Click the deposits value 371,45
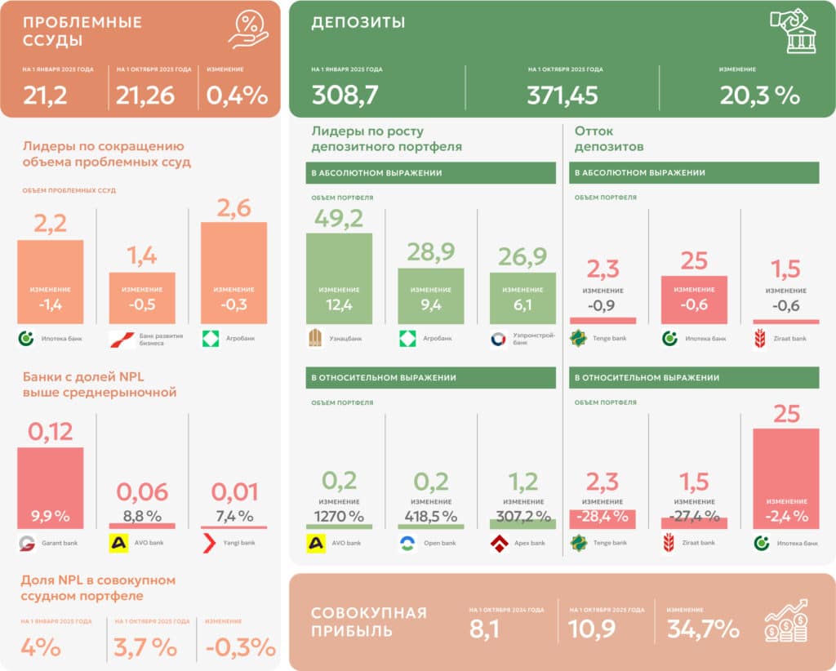[563, 96]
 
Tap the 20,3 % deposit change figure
[759, 96]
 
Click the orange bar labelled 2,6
[233, 273]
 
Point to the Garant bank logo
[26, 543]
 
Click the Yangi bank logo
[210, 543]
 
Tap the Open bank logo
[407, 543]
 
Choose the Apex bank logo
[499, 543]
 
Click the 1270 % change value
[339, 516]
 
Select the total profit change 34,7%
[703, 629]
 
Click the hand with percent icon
[249, 30]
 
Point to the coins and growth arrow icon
[786, 621]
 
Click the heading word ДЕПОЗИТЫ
[358, 23]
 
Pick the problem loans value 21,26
[145, 96]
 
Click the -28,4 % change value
[602, 516]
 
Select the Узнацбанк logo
[315, 339]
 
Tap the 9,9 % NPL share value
[50, 516]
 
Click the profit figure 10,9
[592, 629]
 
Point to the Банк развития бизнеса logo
[118, 339]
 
